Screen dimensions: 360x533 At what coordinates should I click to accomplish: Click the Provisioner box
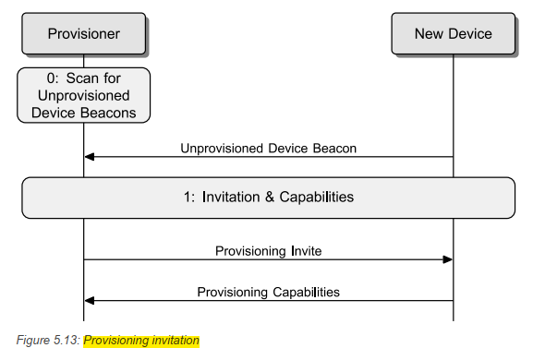[83, 34]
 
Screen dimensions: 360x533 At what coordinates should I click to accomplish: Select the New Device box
[453, 34]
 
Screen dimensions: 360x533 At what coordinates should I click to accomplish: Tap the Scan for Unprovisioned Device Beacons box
[83, 96]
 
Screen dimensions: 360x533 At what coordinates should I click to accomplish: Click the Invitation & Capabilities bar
[268, 198]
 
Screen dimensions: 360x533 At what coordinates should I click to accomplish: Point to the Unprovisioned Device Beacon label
[268, 148]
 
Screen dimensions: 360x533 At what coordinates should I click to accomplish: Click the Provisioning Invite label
[268, 250]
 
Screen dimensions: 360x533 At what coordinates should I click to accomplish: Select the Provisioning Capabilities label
[268, 292]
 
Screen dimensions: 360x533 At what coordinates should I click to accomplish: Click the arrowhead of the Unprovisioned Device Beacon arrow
[90, 157]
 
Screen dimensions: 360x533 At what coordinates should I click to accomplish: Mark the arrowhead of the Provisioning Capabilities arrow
[90, 301]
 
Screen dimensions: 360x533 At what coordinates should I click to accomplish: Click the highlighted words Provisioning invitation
[141, 341]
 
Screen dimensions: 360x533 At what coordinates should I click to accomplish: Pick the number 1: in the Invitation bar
[190, 198]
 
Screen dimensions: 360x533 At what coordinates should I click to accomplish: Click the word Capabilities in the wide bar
[316, 198]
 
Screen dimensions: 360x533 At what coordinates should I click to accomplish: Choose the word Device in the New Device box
[470, 34]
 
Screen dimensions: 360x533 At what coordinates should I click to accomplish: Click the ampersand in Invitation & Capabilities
[268, 198]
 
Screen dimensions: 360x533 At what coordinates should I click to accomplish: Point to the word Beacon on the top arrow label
[333, 148]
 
